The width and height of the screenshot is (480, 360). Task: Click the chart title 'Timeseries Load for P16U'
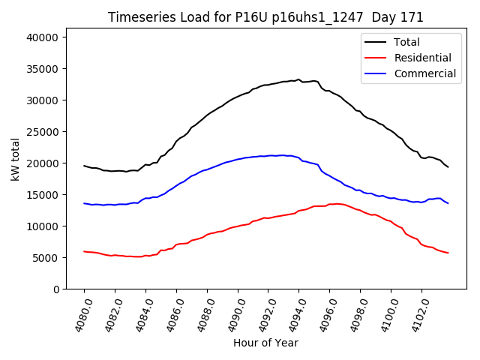[x=265, y=17]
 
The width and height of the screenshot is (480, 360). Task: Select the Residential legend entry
[x=423, y=58]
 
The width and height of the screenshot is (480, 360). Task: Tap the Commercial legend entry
[x=424, y=73]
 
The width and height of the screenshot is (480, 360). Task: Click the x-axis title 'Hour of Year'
[x=265, y=343]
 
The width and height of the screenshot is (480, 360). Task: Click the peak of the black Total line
[x=298, y=79]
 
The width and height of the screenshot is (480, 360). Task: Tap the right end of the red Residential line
[x=448, y=253]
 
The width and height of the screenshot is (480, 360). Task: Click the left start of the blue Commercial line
[x=84, y=203]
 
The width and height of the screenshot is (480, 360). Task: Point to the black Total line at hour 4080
[x=84, y=166]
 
